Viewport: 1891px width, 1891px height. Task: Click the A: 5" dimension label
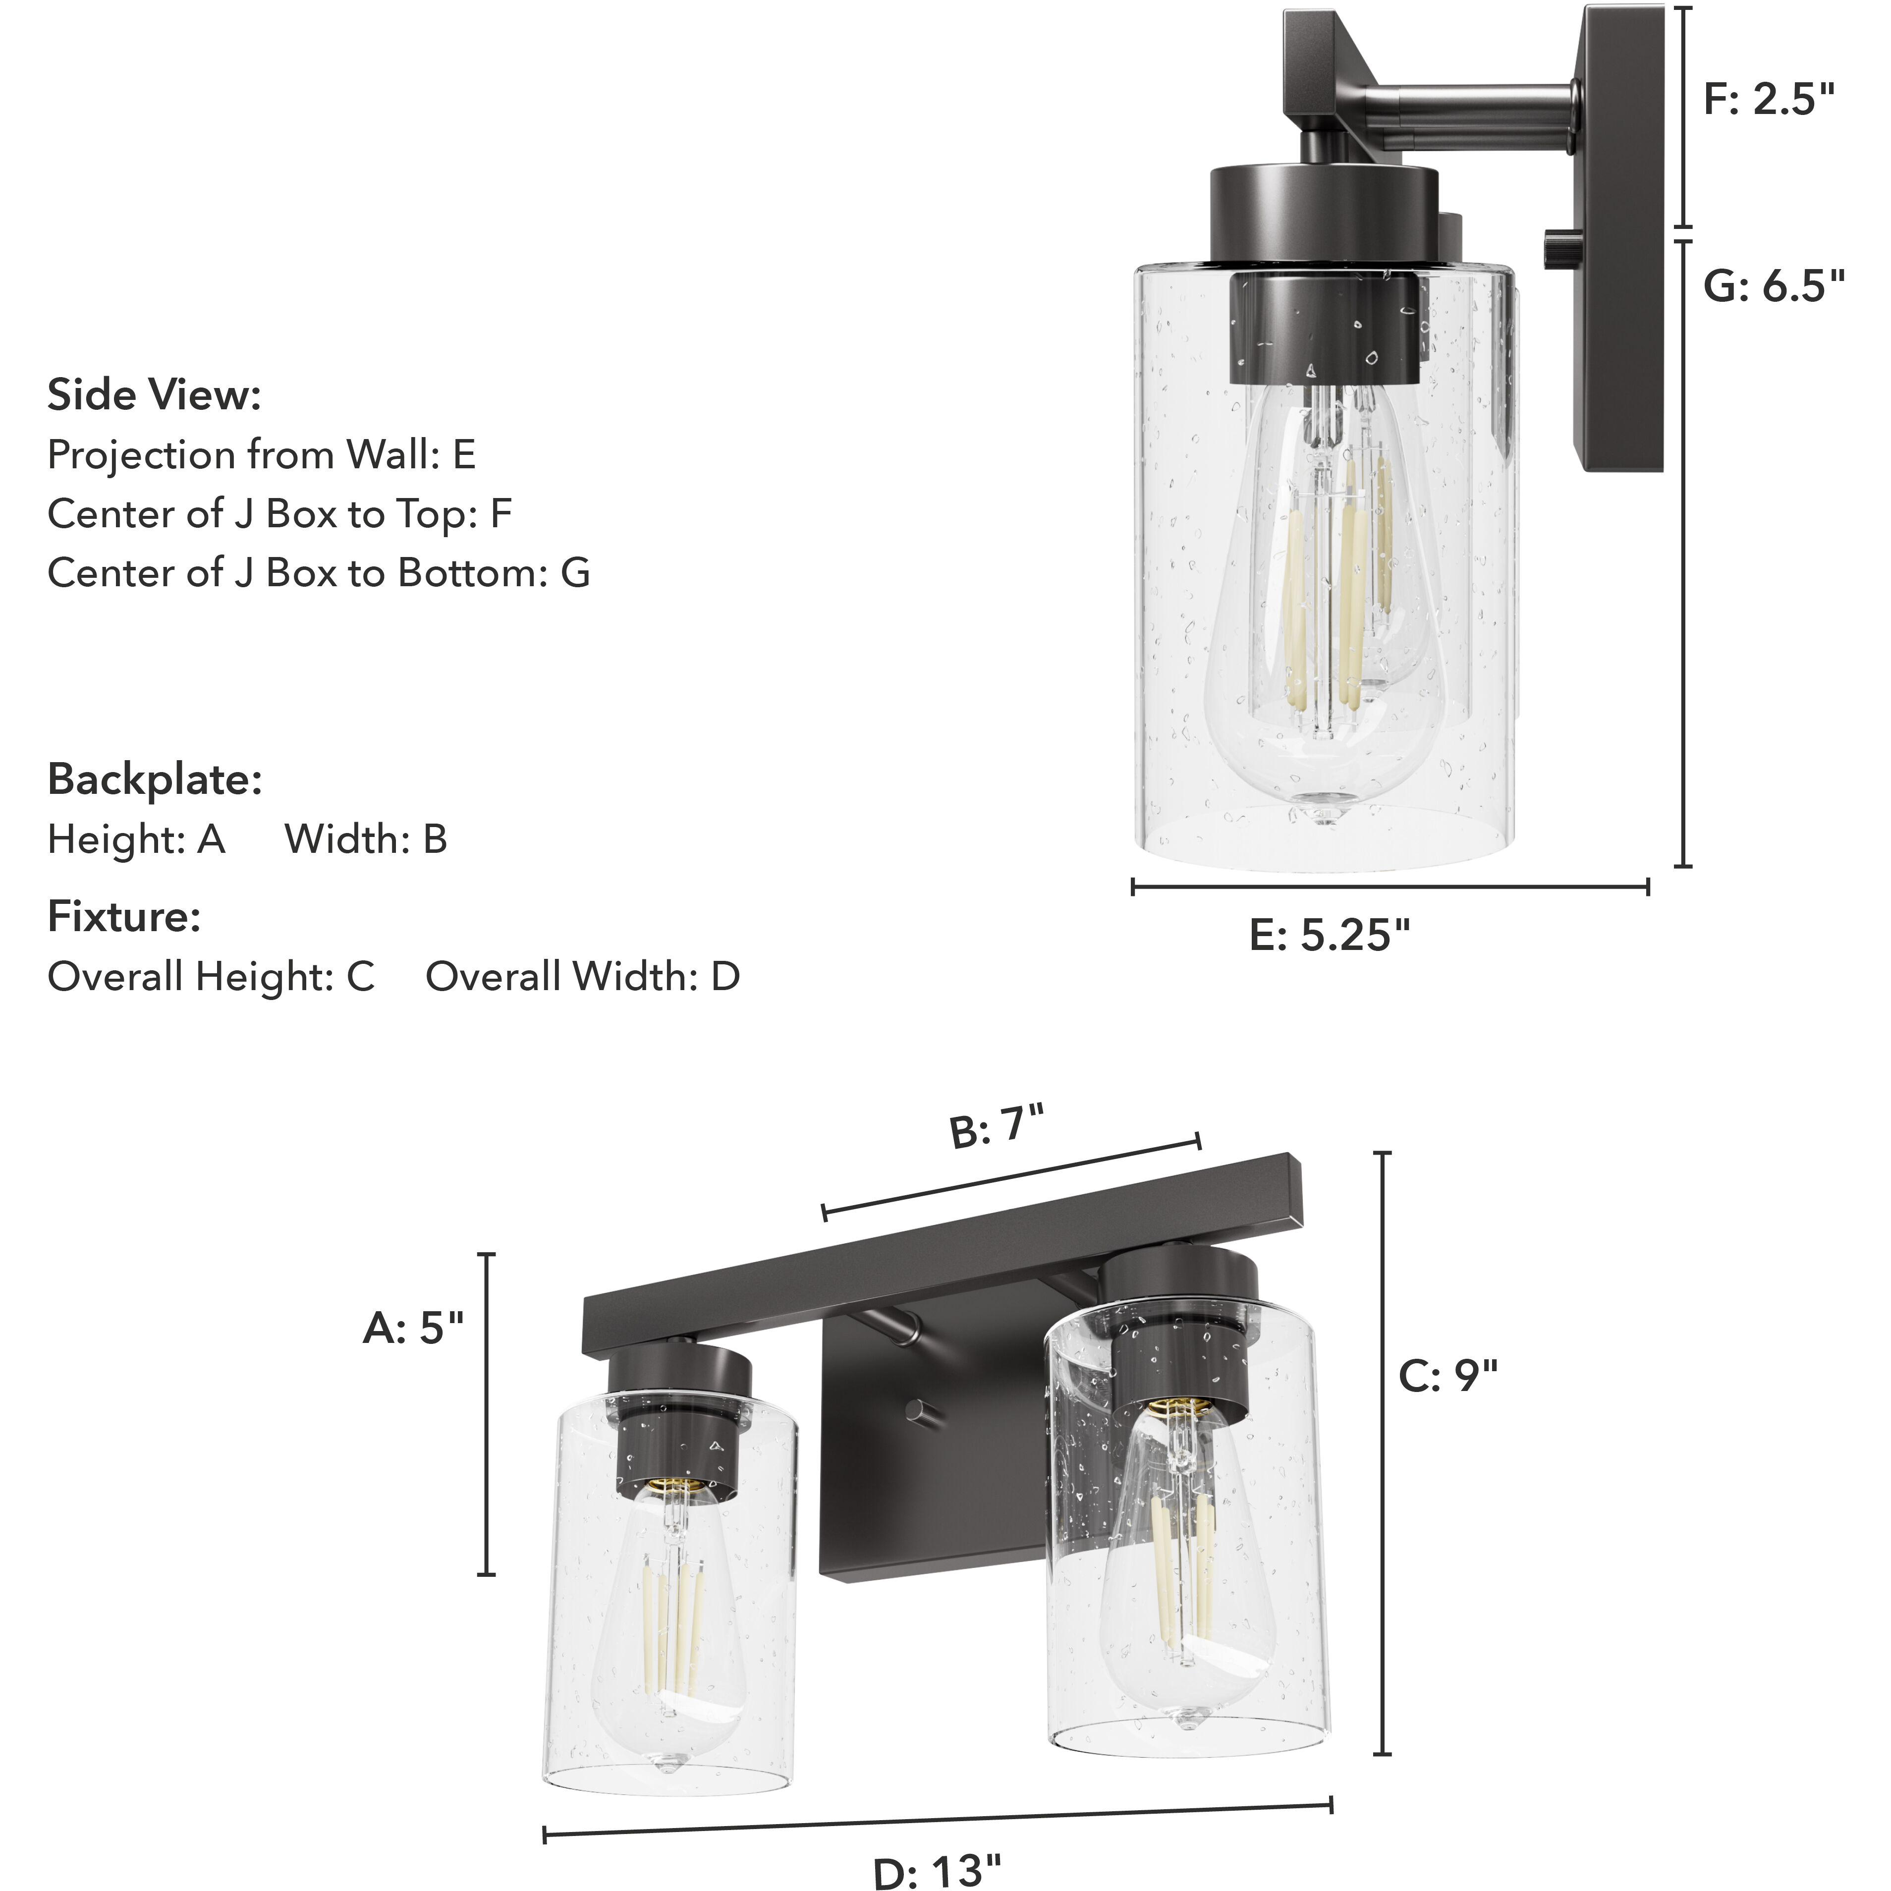[412, 1328]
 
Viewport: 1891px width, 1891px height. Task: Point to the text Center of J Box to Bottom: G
[318, 572]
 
